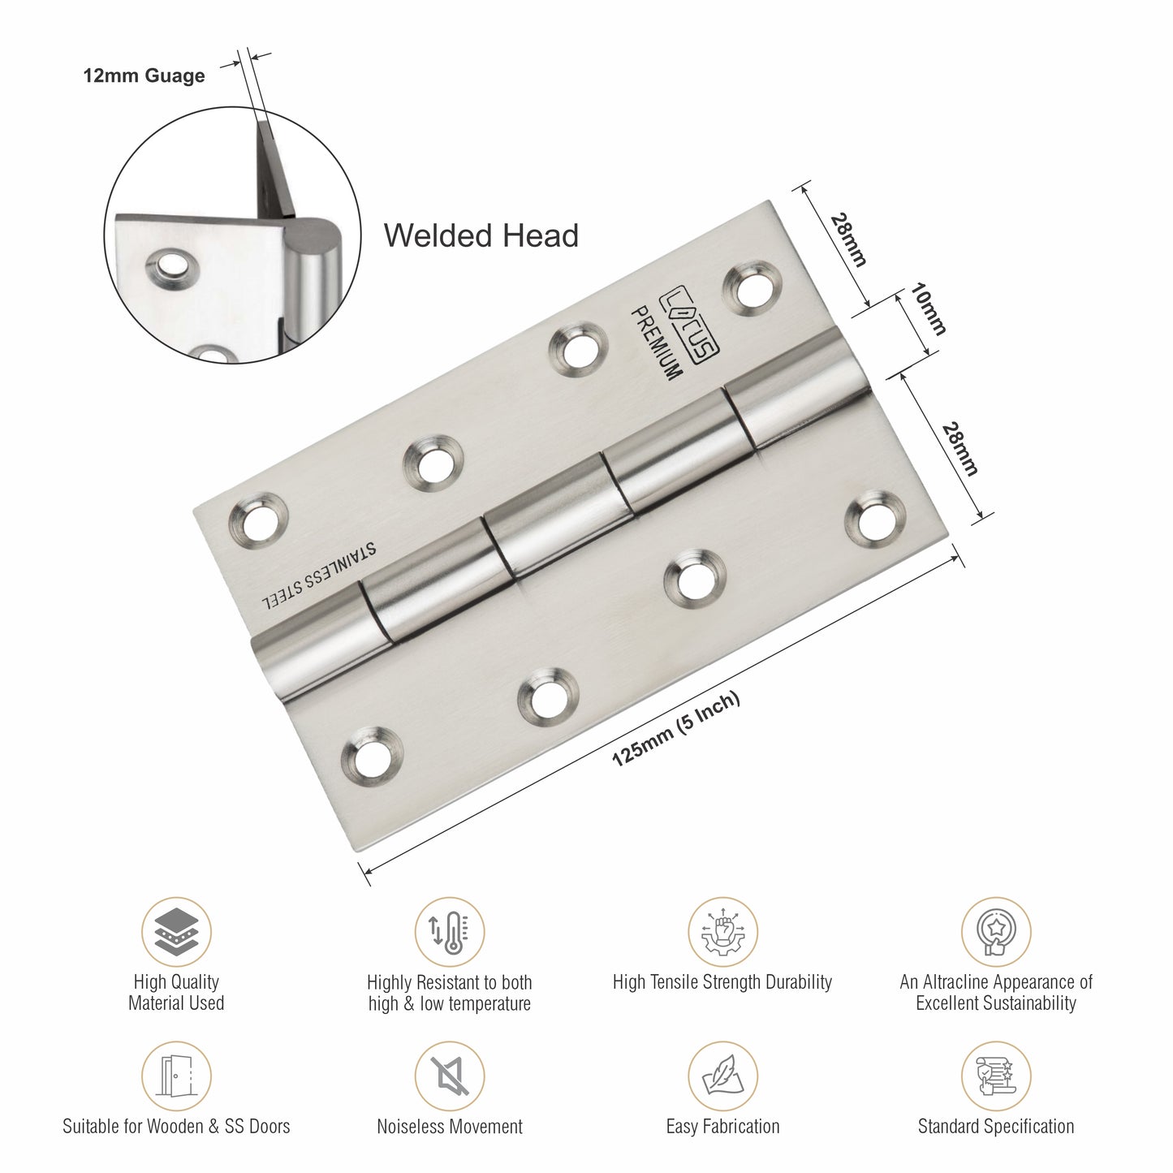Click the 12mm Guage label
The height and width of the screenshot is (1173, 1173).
[144, 76]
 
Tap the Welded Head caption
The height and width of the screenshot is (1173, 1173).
[481, 235]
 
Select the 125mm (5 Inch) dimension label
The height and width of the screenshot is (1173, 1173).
[675, 730]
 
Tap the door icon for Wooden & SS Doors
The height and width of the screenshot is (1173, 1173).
[176, 1076]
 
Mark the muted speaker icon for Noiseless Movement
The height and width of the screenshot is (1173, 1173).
[449, 1076]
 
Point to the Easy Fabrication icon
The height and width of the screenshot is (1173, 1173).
[722, 1076]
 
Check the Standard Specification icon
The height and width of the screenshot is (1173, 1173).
[995, 1076]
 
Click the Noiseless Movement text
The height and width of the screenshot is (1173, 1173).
[450, 1127]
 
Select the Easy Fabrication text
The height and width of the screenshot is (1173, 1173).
[722, 1127]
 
